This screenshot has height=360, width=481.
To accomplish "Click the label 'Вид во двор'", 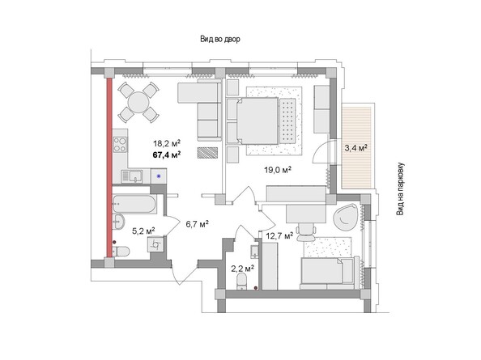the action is (220, 39).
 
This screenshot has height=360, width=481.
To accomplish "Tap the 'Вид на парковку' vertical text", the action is (401, 189).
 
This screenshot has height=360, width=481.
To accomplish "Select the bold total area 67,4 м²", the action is (167, 155).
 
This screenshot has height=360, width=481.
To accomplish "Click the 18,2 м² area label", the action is (167, 143).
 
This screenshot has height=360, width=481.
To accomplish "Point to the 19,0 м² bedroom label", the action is (278, 169).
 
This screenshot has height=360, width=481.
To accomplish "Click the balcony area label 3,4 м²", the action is (356, 148).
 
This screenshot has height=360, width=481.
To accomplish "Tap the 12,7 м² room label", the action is (279, 236).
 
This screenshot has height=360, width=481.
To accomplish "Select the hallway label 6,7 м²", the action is (198, 224).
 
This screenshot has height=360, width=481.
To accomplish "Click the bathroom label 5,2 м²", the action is (143, 231).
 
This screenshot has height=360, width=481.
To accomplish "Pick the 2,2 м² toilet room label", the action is (242, 269).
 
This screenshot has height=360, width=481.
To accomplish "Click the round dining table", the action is (138, 102).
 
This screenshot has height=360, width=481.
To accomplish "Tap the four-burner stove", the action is (120, 144).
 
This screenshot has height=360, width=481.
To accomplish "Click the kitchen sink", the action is (132, 176).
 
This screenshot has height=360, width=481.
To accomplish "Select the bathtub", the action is (134, 204).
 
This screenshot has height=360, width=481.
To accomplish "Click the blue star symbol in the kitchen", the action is (159, 176).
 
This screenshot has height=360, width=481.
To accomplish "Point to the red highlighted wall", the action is (109, 168).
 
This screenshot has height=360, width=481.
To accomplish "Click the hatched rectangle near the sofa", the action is (207, 153).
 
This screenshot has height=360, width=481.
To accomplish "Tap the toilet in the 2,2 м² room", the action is (242, 282).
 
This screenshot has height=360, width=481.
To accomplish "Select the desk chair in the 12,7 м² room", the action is (306, 231).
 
